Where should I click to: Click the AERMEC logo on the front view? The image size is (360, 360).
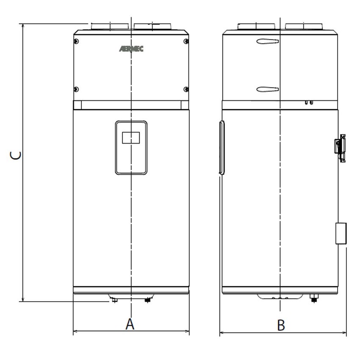[131, 49]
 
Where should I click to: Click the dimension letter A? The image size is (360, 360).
[130, 324]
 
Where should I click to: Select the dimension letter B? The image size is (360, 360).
[281, 325]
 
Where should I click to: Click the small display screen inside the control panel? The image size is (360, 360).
[131, 138]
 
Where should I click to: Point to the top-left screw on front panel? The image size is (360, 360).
[76, 41]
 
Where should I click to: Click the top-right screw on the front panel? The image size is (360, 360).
[186, 41]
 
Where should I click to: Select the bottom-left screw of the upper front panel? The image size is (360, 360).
[76, 89]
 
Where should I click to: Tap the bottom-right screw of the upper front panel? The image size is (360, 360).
[186, 89]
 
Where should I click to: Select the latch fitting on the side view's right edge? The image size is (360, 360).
[341, 145]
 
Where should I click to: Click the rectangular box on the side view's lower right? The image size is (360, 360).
[341, 233]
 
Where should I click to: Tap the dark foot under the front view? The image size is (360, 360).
[147, 300]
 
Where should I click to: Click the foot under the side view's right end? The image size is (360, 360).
[314, 299]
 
